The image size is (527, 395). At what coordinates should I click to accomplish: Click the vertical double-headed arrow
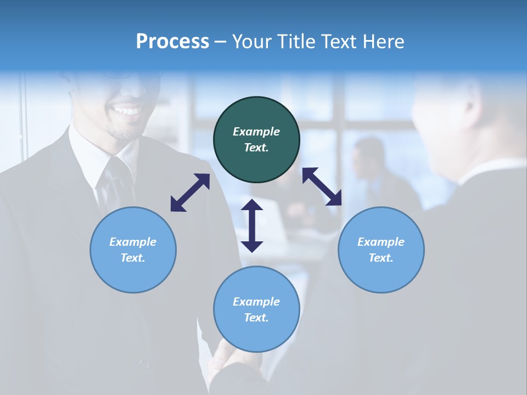point(252,225)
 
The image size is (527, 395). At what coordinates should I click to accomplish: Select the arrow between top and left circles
point(190,193)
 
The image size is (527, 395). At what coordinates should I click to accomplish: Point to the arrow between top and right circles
point(322,187)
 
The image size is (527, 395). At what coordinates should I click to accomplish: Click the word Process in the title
point(172,41)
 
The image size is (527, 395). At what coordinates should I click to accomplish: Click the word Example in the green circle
point(256,132)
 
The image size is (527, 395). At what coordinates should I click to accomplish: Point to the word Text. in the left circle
point(133,258)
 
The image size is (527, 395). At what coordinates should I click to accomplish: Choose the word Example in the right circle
point(381,242)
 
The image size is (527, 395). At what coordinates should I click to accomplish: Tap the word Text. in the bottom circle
point(256,318)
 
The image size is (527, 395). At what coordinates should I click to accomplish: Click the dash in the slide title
point(221,42)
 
